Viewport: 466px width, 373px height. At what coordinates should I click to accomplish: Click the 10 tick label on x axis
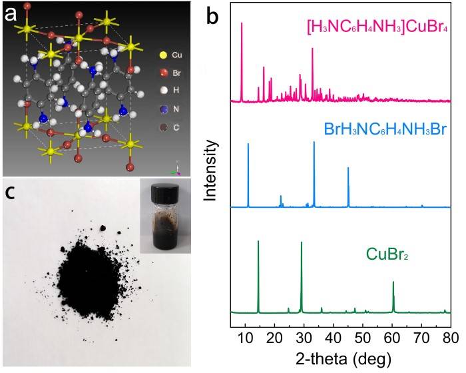[x=246, y=336]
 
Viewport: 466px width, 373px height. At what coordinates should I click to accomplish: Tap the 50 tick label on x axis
[x=363, y=336]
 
